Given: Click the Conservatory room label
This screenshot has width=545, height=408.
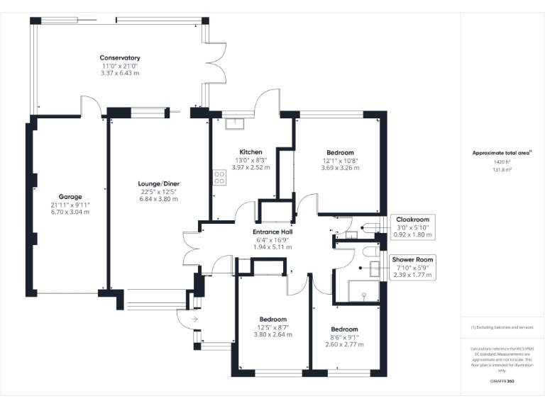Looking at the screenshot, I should pyautogui.click(x=120, y=58).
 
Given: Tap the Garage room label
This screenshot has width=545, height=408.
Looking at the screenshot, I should pyautogui.click(x=70, y=196).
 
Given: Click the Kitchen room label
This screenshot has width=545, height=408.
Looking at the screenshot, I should pyautogui.click(x=251, y=152).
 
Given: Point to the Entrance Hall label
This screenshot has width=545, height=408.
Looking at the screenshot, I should pyautogui.click(x=273, y=232).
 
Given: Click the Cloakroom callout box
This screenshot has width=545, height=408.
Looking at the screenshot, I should pyautogui.click(x=412, y=227).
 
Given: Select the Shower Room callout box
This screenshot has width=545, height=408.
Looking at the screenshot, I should pyautogui.click(x=412, y=268).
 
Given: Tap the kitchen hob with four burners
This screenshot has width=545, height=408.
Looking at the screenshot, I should pyautogui.click(x=219, y=177).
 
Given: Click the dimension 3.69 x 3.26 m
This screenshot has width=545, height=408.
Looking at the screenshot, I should pyautogui.click(x=340, y=168).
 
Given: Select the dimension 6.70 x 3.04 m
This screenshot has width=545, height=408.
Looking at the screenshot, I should pyautogui.click(x=70, y=212).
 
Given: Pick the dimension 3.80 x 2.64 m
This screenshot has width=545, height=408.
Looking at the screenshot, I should pyautogui.click(x=273, y=334).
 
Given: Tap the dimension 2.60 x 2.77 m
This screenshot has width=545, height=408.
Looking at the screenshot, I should pyautogui.click(x=344, y=344).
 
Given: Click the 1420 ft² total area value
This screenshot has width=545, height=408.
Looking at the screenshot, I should pyautogui.click(x=502, y=161).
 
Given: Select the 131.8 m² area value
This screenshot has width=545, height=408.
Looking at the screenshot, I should pyautogui.click(x=502, y=169).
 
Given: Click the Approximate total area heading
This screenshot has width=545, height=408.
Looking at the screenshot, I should pyautogui.click(x=501, y=152).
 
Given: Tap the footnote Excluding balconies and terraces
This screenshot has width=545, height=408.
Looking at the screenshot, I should pyautogui.click(x=502, y=327).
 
